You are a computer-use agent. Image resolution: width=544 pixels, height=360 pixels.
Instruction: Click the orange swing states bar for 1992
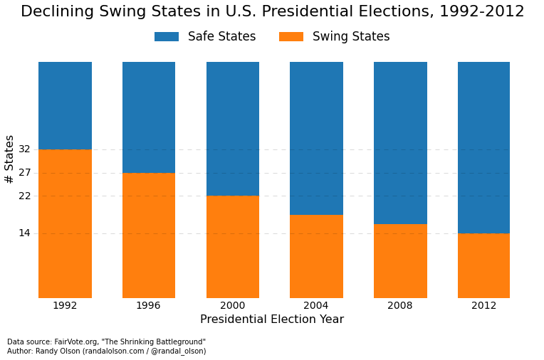65,223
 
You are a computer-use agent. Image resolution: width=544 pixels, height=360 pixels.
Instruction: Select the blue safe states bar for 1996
148,117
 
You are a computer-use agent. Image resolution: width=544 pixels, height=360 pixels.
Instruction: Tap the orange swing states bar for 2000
232,247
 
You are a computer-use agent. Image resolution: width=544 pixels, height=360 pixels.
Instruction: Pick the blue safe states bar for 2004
316,138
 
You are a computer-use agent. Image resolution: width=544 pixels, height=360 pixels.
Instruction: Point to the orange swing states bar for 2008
400,261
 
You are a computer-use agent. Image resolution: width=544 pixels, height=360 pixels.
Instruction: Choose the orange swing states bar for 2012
483,265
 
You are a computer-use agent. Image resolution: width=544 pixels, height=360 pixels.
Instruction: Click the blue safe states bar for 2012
483,147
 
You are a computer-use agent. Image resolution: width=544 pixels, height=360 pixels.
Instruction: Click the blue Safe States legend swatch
167,37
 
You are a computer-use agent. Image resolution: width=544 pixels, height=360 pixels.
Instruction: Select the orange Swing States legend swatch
291,37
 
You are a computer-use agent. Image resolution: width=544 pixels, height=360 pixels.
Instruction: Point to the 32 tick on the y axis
24,149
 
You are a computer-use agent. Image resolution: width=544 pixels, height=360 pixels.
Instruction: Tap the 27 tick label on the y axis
24,173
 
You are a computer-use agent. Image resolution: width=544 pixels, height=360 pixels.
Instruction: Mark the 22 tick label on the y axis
24,196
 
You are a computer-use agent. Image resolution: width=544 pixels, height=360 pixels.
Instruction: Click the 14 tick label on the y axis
24,233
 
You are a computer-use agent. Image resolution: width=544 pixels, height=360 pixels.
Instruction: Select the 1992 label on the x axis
65,306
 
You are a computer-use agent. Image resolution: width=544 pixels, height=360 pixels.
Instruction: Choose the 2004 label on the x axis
316,306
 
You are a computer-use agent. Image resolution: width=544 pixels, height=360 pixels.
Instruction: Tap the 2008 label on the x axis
400,306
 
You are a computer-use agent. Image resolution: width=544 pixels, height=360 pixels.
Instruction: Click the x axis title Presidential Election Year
272,320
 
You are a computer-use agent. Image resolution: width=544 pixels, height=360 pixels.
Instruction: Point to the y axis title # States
10,159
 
